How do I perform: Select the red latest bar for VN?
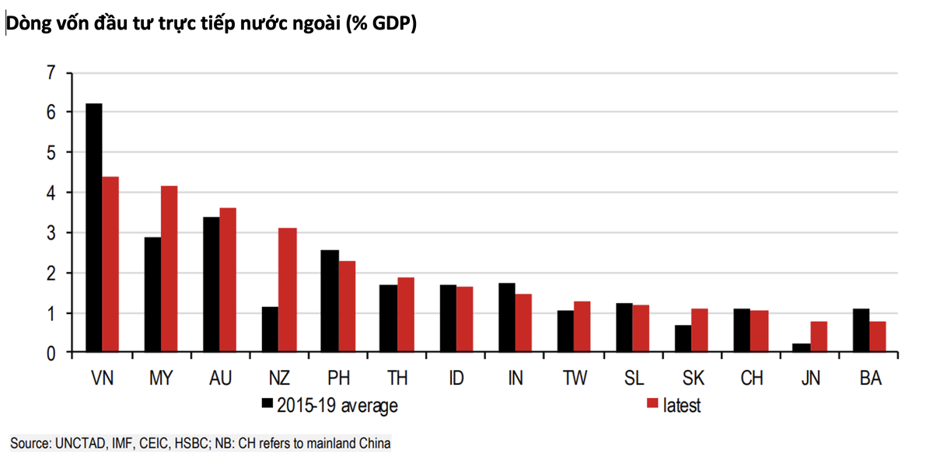click(110, 264)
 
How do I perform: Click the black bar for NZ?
click(270, 330)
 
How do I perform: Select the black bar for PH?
click(329, 302)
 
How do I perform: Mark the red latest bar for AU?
click(228, 280)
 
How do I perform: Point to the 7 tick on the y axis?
click(51, 72)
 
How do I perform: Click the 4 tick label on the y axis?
click(51, 193)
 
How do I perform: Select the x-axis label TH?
click(397, 379)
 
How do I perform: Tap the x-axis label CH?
click(751, 379)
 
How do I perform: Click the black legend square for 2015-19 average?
click(267, 403)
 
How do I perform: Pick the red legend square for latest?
click(652, 403)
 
